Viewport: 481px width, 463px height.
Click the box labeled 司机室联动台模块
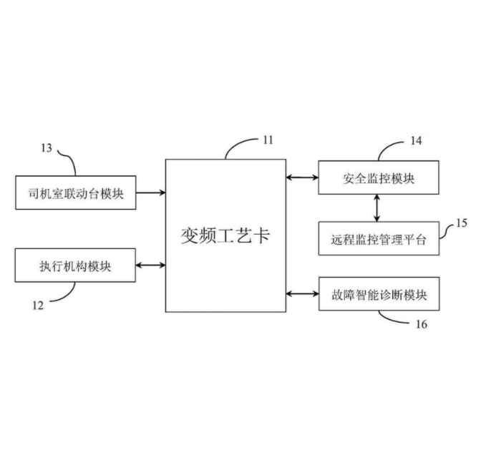point(75,192)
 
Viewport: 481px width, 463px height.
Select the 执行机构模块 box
point(75,265)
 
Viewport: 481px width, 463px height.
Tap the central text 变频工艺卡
point(225,235)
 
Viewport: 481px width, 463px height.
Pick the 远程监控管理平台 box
point(377,238)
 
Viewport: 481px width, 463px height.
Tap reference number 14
point(416,140)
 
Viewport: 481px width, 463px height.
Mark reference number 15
point(461,223)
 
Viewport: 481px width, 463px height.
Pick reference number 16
point(421,324)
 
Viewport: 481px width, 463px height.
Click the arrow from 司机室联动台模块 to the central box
point(150,192)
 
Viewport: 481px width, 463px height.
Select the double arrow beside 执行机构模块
point(150,265)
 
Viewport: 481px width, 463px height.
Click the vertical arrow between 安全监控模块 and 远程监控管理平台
point(377,208)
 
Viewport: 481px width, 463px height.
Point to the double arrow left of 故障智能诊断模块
point(301,293)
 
